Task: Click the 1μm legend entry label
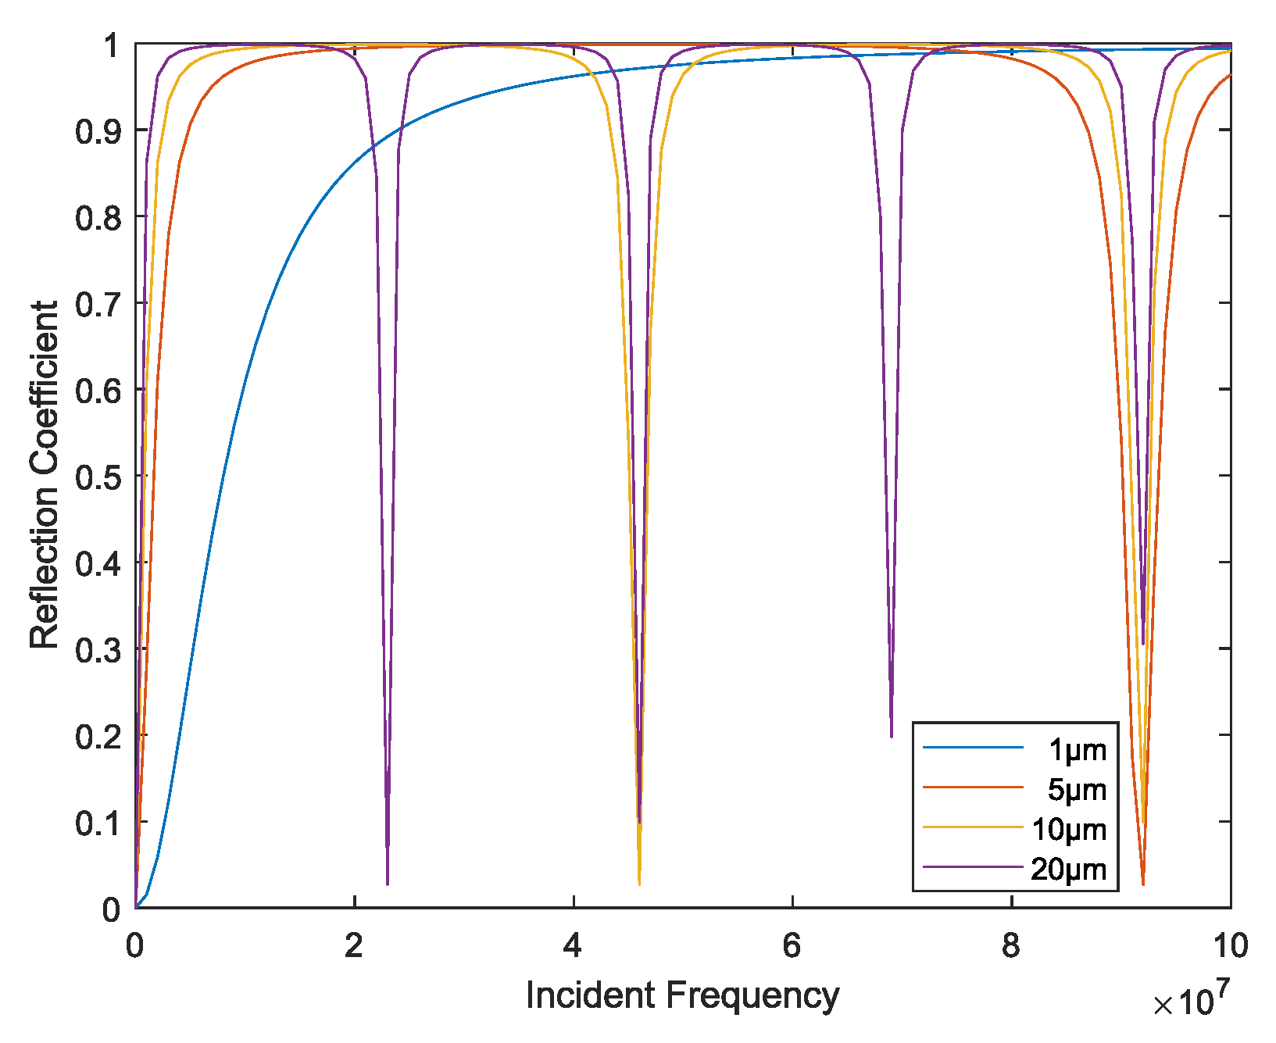[x=1077, y=751]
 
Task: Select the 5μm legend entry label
[x=1077, y=791]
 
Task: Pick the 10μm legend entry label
[x=1069, y=830]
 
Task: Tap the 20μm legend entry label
[x=1069, y=870]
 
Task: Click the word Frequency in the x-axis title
[x=752, y=996]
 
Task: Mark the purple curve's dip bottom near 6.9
[x=892, y=735]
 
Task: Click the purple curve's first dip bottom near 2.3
[x=388, y=883]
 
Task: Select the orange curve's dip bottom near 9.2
[x=1143, y=883]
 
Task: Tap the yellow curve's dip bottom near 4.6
[x=639, y=883]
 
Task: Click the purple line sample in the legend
[x=973, y=866]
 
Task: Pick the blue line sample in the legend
[x=973, y=748]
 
